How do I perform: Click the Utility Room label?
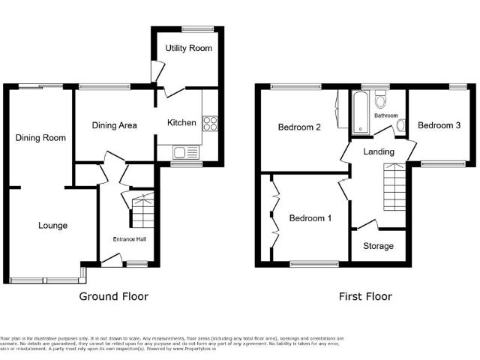click(188, 48)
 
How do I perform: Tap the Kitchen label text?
click(181, 122)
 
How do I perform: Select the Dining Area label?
click(114, 125)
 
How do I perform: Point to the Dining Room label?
click(40, 137)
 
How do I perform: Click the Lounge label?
click(52, 225)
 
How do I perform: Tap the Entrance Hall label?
click(129, 239)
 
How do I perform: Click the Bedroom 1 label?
click(310, 218)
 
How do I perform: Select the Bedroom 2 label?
click(299, 127)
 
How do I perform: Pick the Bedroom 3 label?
click(439, 125)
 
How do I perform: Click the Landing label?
click(379, 152)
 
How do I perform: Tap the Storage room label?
click(379, 246)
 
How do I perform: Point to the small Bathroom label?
click(386, 115)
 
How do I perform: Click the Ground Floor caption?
click(114, 296)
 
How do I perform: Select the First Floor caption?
click(365, 296)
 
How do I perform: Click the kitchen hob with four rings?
click(208, 123)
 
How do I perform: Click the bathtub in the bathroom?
click(360, 112)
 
